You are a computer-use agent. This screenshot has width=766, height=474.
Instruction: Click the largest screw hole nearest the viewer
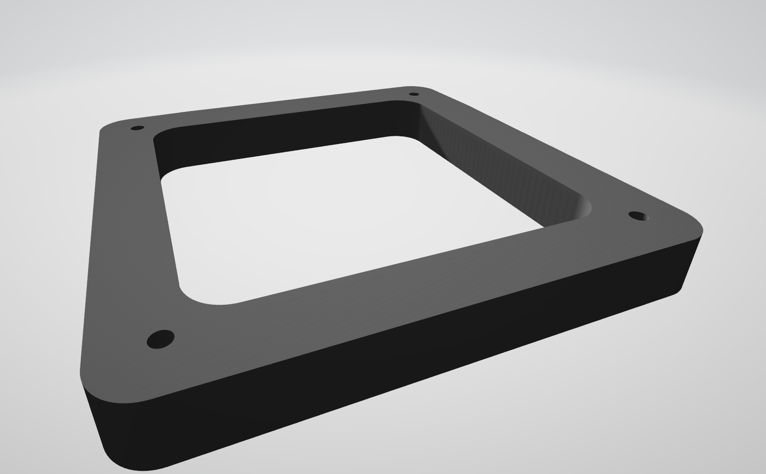pyautogui.click(x=160, y=339)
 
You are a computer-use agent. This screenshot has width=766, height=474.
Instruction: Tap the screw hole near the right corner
pyautogui.click(x=638, y=216)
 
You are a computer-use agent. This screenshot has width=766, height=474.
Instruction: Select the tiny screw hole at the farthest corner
pyautogui.click(x=414, y=94)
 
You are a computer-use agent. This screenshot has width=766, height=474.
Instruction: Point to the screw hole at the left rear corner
pyautogui.click(x=137, y=128)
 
